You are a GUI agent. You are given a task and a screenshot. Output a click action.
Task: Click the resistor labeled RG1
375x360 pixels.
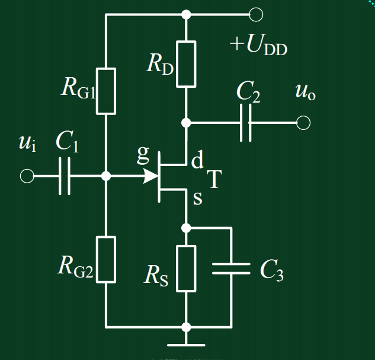pos(107,91)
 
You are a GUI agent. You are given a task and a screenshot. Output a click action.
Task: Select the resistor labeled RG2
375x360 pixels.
pos(107,259)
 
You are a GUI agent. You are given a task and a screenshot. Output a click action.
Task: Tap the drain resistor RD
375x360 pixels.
pos(186,63)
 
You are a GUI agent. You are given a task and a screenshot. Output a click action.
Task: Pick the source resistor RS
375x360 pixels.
pos(186,269)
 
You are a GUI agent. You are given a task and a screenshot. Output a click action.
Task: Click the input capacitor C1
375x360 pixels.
pos(65,176)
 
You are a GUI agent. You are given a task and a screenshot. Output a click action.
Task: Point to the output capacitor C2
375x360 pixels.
pos(246,123)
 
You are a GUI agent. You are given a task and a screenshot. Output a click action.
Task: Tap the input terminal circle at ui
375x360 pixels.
pos(27,176)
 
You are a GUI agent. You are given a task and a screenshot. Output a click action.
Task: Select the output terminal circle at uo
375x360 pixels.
pos(303,123)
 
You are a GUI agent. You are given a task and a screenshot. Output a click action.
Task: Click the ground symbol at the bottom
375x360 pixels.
pos(186,343)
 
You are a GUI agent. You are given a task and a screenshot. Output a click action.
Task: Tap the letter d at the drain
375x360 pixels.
pos(197,159)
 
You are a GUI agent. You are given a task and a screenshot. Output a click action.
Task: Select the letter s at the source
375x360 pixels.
pos(197,199)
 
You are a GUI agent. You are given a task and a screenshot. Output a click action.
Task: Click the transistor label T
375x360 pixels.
pos(212,180)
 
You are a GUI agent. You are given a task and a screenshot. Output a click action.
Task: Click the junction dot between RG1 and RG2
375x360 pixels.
pos(107,176)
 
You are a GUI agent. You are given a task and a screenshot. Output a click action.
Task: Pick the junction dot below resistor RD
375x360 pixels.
pos(186,123)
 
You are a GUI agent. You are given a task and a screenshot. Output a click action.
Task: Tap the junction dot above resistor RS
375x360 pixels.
pos(186,228)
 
